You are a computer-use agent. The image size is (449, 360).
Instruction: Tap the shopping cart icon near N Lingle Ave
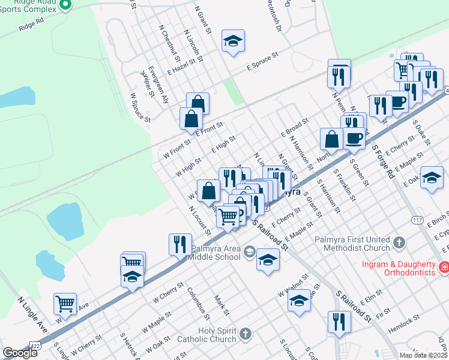pyautogui.click(x=65, y=302)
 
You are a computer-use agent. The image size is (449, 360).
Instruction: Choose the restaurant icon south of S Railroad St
pyautogui.click(x=339, y=321)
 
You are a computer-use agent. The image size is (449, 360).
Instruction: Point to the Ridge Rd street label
pyautogui.click(x=31, y=24)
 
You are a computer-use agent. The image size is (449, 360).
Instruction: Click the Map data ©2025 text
pyautogui.click(x=424, y=355)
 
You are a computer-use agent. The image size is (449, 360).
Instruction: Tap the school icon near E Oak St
pyautogui.click(x=431, y=177)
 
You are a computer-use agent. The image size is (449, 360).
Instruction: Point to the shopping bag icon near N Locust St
pyautogui.click(x=208, y=191)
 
